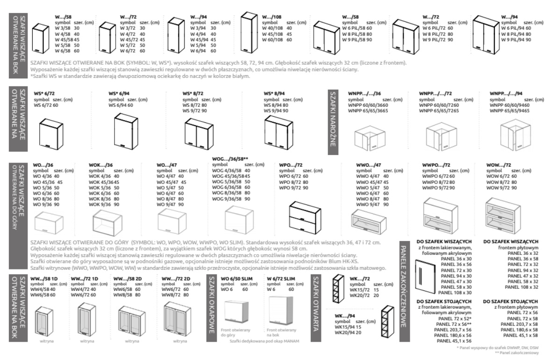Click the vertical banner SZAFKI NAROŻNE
[x=333, y=119]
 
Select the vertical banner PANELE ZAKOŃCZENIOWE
[x=404, y=285]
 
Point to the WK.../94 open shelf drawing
[x=387, y=322]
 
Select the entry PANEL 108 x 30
[x=444, y=292]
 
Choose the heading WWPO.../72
[x=435, y=165]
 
